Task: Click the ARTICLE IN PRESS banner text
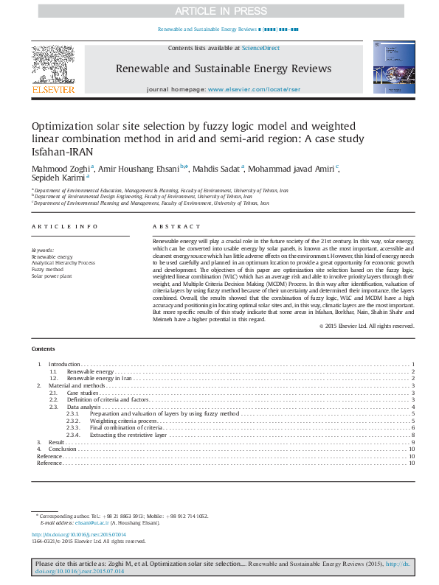[x=218, y=11]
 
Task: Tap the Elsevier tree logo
[x=52, y=66]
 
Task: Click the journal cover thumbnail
[x=387, y=69]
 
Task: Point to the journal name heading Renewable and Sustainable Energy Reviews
[x=224, y=69]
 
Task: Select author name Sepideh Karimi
[x=58, y=178]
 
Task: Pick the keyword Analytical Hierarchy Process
[x=63, y=262]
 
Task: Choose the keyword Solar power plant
[x=52, y=275]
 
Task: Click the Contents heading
[x=43, y=348]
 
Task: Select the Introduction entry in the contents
[x=63, y=365]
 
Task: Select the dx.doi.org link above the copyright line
[x=78, y=534]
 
